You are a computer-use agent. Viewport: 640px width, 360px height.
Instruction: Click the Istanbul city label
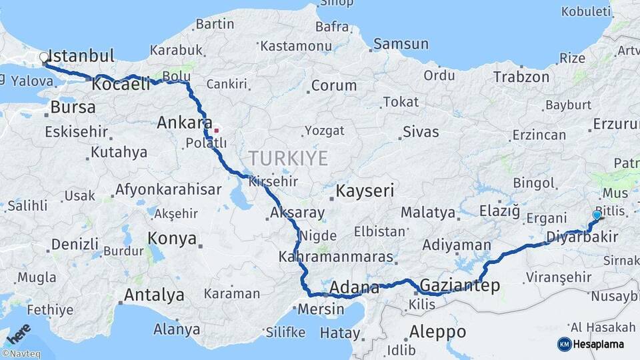(82, 55)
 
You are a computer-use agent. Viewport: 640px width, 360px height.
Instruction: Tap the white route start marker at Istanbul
(44, 58)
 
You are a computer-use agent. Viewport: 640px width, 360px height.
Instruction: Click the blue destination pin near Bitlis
(597, 215)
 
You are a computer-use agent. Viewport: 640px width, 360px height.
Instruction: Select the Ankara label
(180, 123)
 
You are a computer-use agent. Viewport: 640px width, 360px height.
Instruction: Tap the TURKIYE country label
(288, 158)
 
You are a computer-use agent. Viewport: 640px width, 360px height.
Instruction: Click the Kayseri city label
(365, 191)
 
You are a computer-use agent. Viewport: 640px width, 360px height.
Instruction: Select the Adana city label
(355, 287)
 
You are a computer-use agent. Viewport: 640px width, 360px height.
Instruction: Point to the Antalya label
(154, 295)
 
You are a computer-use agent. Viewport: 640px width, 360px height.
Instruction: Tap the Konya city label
(172, 238)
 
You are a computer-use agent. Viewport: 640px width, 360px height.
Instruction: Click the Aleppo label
(438, 331)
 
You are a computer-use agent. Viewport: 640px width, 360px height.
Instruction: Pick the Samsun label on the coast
(401, 44)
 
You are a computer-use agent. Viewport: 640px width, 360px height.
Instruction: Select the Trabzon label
(521, 77)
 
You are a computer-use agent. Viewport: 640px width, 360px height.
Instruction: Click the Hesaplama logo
(596, 344)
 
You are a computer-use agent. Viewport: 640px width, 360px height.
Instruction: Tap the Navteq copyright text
(19, 354)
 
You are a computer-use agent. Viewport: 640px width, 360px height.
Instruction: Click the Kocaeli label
(121, 85)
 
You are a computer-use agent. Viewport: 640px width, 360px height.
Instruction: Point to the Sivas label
(421, 131)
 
